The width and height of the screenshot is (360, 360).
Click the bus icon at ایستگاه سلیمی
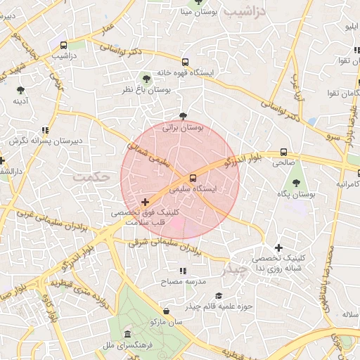(193, 178)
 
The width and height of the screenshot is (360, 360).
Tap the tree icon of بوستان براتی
(184, 116)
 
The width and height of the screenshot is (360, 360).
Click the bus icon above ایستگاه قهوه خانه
(185, 61)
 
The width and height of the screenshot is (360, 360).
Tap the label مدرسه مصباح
(183, 281)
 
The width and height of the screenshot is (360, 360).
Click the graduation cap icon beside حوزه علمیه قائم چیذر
(219, 296)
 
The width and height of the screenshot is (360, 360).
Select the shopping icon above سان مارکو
(166, 311)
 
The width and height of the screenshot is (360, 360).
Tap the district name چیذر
(235, 268)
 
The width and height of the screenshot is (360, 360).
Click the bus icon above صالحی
(283, 151)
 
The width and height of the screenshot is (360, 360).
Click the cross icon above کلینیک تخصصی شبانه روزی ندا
(279, 247)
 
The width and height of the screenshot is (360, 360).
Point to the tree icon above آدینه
(20, 90)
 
